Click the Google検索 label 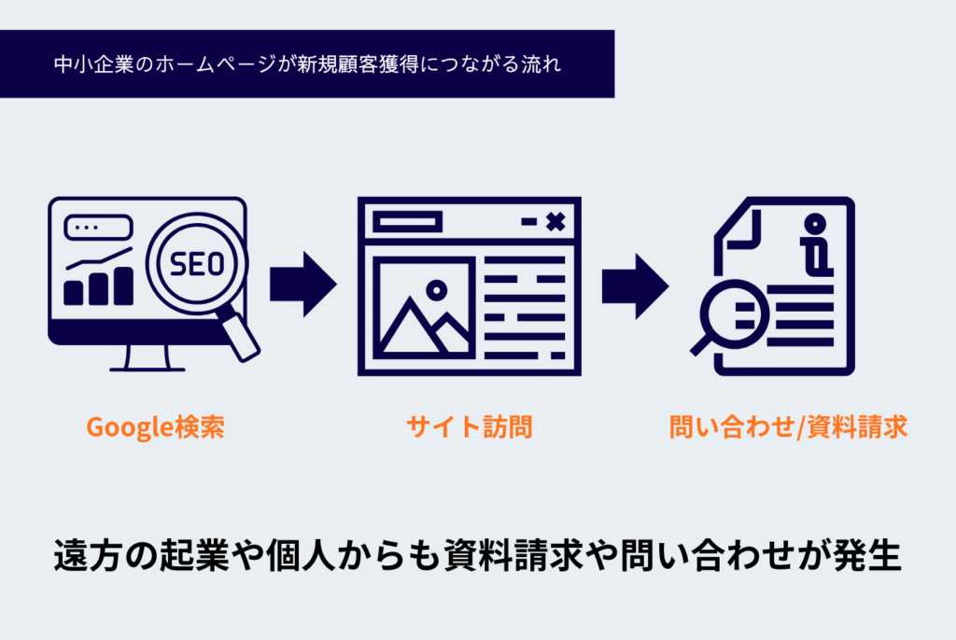click(x=155, y=427)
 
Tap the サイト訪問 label click(x=469, y=427)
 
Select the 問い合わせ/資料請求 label click(x=788, y=427)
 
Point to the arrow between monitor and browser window click(x=302, y=284)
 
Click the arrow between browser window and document click(x=634, y=284)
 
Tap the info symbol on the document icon click(x=815, y=245)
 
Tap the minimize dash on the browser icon click(x=528, y=222)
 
